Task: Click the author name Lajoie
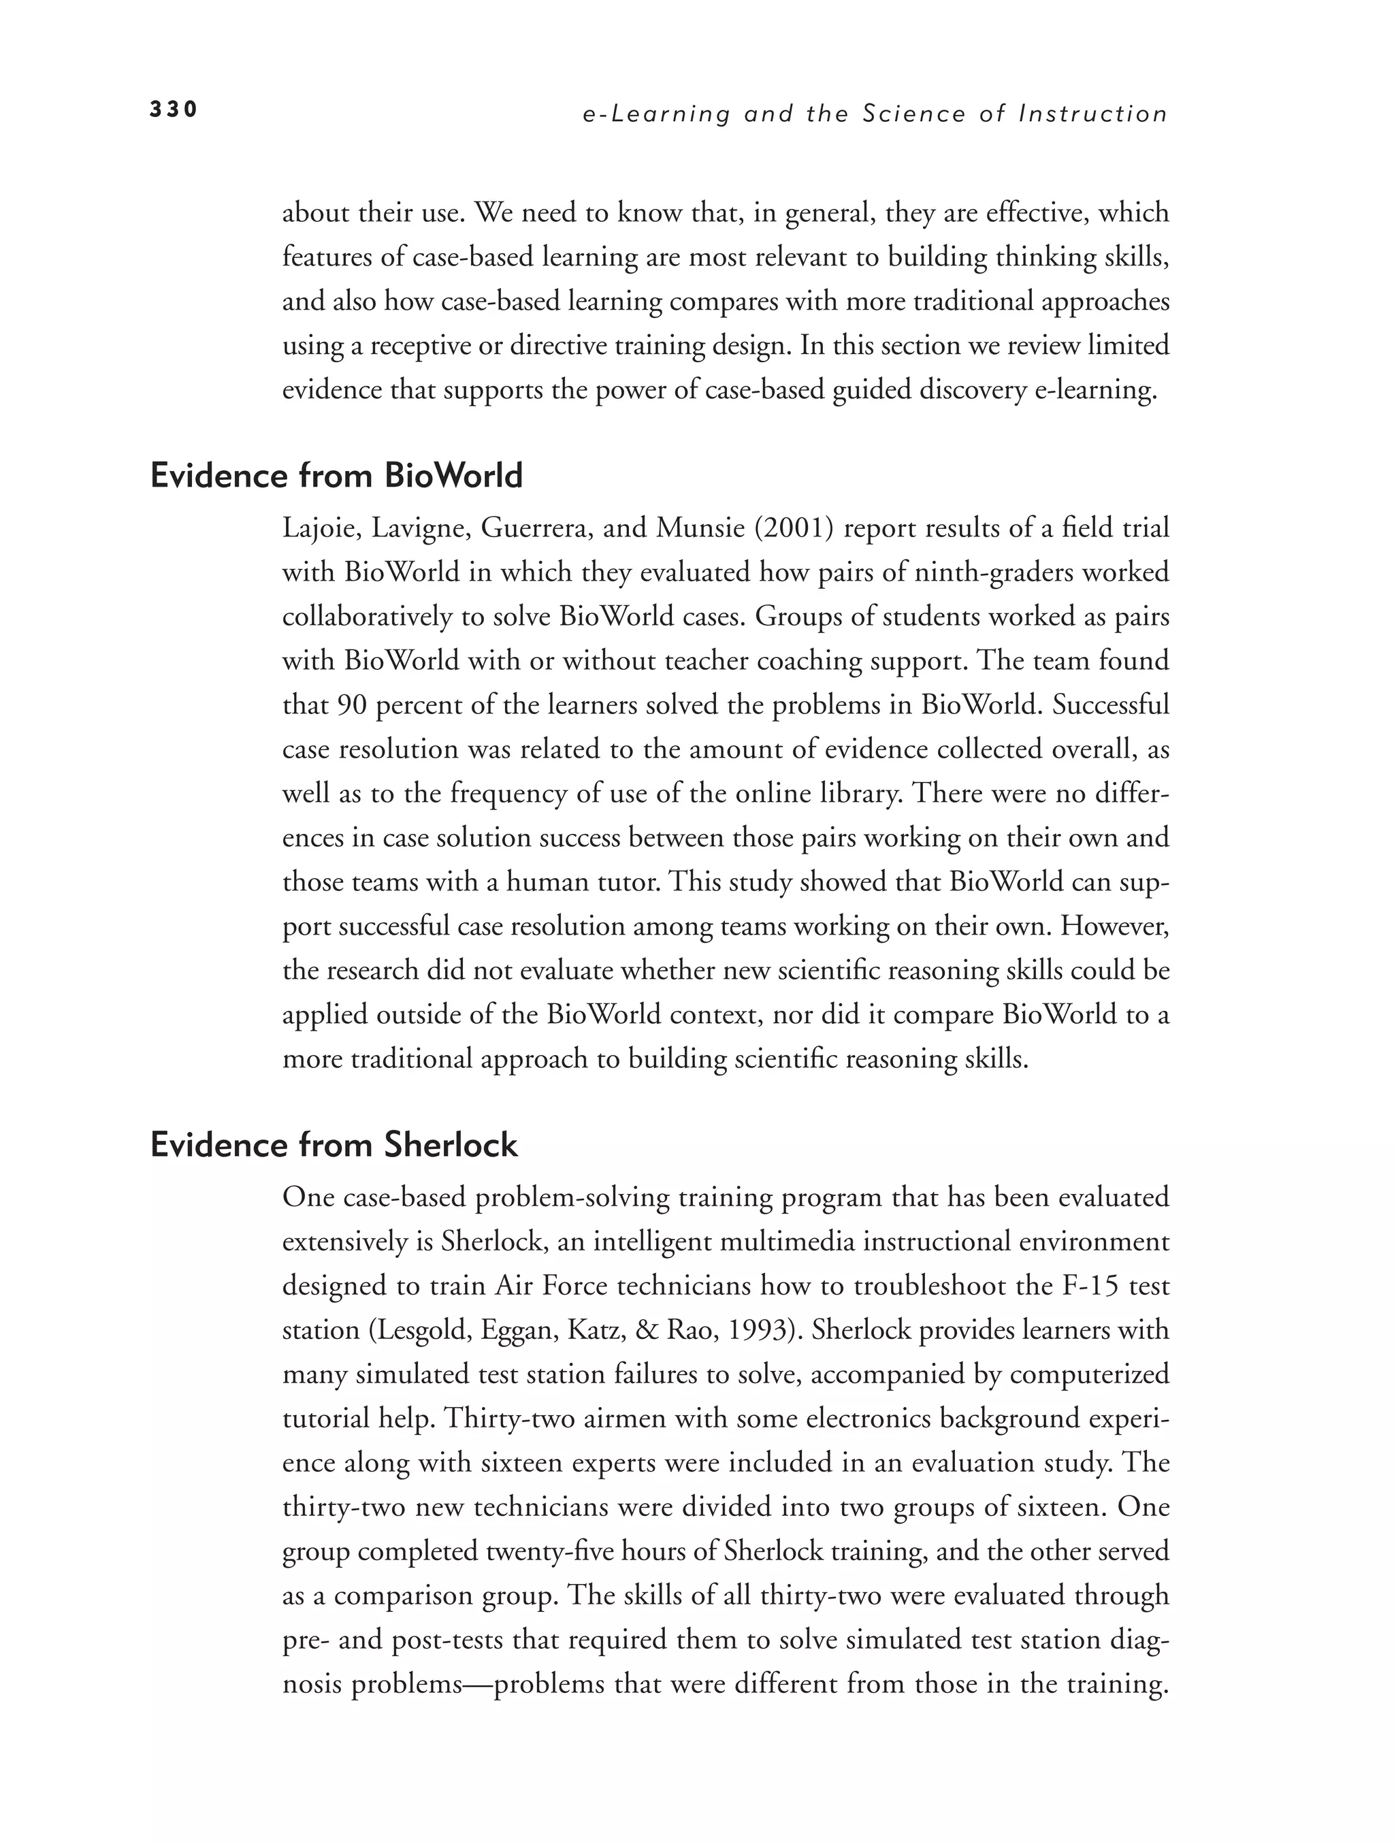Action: tap(321, 528)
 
